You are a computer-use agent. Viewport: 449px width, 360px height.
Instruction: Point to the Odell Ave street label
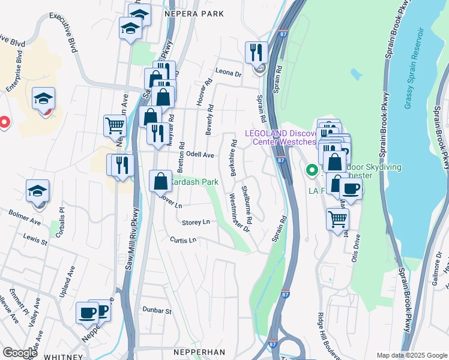(200, 155)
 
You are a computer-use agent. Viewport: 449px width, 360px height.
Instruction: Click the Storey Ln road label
(196, 222)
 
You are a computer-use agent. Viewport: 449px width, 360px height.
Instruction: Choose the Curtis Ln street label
(183, 240)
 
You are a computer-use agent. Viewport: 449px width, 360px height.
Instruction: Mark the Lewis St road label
(35, 241)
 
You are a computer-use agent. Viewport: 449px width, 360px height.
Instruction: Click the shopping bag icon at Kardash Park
(161, 181)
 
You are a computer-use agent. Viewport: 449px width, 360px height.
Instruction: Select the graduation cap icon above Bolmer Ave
(37, 191)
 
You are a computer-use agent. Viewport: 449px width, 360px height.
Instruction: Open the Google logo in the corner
(19, 353)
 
